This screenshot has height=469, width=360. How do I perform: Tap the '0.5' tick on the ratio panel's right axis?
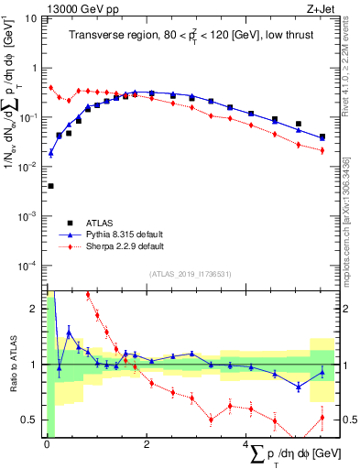[x=349, y=420]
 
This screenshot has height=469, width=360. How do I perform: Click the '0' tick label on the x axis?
[x=46, y=444]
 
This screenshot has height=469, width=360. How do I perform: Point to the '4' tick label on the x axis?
[x=245, y=444]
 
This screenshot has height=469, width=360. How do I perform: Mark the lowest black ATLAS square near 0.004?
[x=49, y=186]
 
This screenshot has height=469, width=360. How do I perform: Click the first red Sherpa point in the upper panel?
[x=50, y=88]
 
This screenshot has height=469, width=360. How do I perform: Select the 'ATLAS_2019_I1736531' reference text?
[x=190, y=274]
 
